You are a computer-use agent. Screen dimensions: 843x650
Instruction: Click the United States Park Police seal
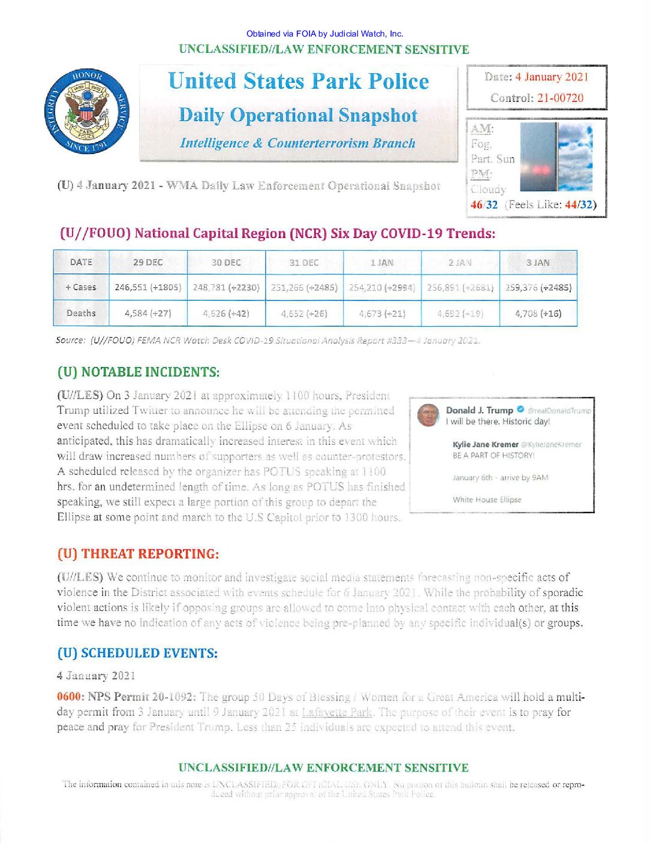tap(87, 112)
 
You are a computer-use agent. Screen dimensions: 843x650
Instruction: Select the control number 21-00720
tap(560, 98)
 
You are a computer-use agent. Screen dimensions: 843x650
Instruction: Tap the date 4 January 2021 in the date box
tap(552, 77)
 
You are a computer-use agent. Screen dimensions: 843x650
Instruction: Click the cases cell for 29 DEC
tap(148, 287)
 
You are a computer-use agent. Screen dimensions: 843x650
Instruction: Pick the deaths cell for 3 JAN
tap(538, 313)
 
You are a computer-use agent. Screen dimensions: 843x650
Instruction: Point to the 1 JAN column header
tap(382, 263)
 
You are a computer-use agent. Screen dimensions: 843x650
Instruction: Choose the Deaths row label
tap(81, 313)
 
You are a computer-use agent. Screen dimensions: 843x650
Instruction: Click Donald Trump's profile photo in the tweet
tap(428, 415)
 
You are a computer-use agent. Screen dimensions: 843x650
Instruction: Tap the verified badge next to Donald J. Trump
tap(520, 410)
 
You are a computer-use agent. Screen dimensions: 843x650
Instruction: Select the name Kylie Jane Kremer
tap(485, 444)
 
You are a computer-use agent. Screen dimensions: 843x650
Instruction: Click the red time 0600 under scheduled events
tap(70, 697)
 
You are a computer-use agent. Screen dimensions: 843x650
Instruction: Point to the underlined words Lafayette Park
tap(336, 712)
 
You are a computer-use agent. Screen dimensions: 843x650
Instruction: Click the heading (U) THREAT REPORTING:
tap(138, 554)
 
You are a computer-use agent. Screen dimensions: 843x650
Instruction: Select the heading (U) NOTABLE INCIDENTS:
tap(139, 372)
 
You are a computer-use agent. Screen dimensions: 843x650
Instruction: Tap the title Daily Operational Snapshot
tap(298, 115)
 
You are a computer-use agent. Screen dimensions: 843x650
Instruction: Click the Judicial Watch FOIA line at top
tap(324, 34)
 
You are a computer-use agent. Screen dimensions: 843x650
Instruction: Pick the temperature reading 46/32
tap(484, 204)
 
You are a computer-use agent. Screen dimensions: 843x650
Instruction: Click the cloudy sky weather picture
tap(575, 157)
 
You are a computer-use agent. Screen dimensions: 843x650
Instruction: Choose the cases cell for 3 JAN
tap(538, 287)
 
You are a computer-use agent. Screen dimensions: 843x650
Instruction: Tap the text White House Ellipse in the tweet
tap(487, 499)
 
